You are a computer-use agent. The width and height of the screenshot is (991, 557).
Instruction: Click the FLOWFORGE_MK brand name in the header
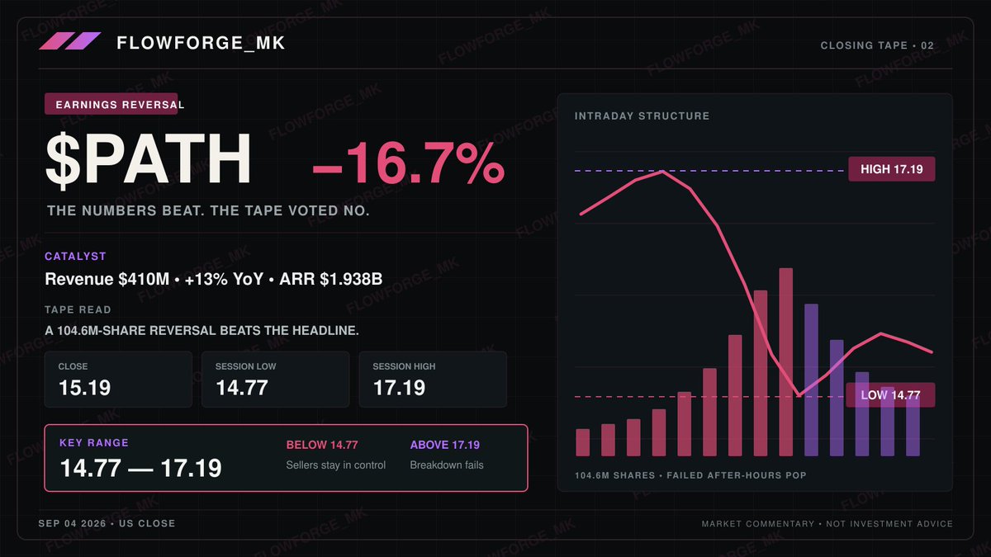point(201,43)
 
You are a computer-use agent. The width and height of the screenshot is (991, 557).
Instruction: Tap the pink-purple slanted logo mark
point(70,40)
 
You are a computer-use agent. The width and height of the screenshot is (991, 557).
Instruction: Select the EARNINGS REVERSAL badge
point(111,104)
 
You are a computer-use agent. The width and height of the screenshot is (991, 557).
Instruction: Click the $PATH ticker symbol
point(148,159)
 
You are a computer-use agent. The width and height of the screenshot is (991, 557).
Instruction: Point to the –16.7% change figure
point(408,163)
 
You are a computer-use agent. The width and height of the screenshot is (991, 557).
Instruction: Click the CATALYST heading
point(75,257)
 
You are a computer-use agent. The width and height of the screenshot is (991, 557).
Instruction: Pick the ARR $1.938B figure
point(331,279)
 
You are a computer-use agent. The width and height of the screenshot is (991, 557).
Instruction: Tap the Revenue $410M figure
point(107,279)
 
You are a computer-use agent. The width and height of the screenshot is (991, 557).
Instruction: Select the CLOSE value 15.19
point(84,388)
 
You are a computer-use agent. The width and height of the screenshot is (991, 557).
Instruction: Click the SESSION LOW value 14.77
point(242,388)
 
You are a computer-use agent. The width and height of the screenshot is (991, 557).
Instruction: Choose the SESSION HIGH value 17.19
point(399,388)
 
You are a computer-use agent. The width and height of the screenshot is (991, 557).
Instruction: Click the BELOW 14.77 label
point(322,445)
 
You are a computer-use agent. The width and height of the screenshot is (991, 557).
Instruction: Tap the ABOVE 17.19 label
point(444,445)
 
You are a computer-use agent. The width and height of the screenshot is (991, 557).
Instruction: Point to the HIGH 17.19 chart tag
point(891,169)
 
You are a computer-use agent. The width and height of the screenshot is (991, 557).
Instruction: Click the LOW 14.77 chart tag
point(890,394)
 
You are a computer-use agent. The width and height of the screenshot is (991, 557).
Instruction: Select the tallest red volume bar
point(785,361)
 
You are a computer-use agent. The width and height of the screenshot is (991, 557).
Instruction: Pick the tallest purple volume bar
point(811,380)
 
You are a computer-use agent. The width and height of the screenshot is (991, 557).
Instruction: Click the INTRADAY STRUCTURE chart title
point(642,116)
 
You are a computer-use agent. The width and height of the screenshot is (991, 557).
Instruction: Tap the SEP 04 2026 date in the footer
point(72,523)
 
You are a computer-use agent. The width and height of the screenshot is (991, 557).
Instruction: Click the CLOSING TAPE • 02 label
point(877,45)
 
